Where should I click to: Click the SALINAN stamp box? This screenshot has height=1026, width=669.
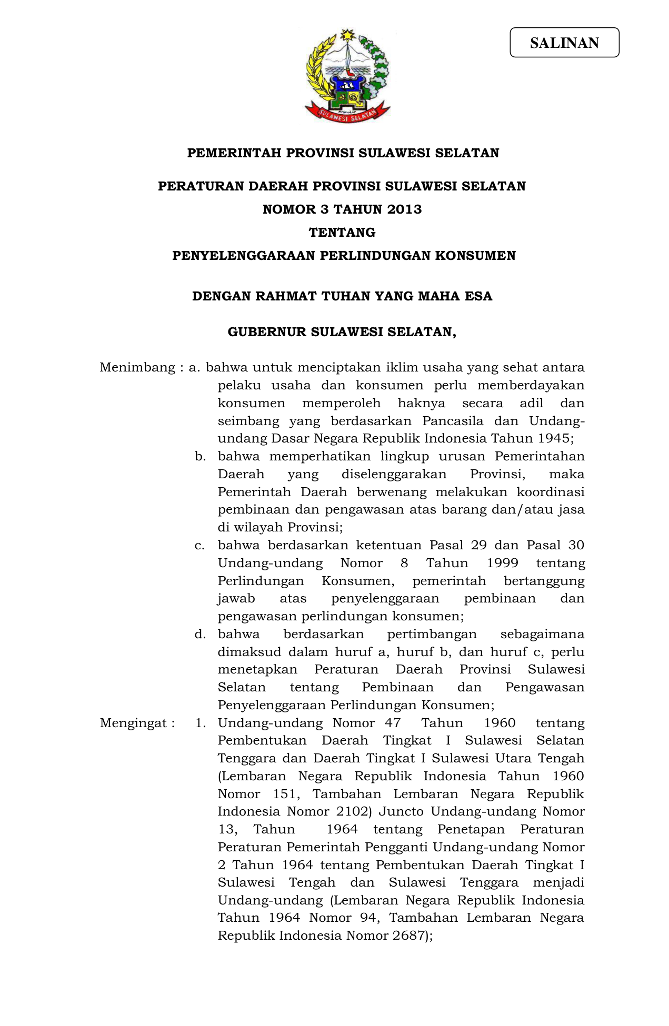click(x=564, y=43)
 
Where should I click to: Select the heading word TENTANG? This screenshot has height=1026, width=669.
click(x=342, y=233)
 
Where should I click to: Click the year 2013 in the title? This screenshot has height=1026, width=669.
click(x=404, y=209)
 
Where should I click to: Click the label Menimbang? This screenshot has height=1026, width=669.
click(x=137, y=367)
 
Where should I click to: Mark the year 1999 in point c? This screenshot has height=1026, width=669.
click(x=503, y=563)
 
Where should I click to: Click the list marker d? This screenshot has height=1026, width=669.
click(x=199, y=634)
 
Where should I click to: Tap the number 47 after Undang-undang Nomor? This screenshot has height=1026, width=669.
click(x=392, y=723)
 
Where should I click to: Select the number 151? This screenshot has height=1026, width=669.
click(x=286, y=794)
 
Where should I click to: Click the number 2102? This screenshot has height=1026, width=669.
click(x=354, y=811)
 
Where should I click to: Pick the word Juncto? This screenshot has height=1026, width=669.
click(x=401, y=811)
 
